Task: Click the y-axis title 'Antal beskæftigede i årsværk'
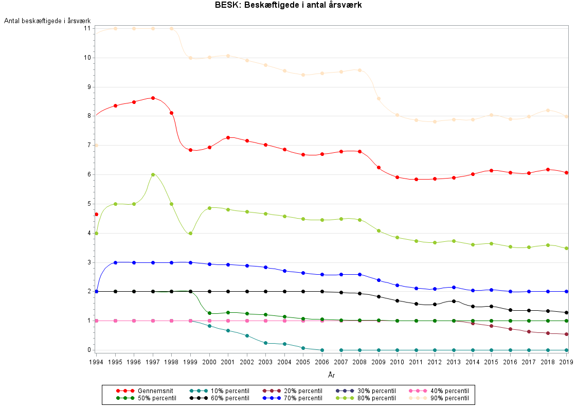point(41,21)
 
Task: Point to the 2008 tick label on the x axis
point(359,362)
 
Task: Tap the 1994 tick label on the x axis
point(96,362)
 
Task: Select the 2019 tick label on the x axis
point(566,362)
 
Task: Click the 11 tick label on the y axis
point(87,28)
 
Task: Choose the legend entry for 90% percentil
point(440,398)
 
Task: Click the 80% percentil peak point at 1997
point(153,174)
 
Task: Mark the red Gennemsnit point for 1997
point(153,98)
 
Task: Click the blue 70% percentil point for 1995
point(115,262)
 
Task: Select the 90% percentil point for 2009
point(378,98)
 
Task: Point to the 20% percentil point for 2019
point(566,334)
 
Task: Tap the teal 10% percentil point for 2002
point(247,335)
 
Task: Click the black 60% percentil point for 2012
point(435,304)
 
